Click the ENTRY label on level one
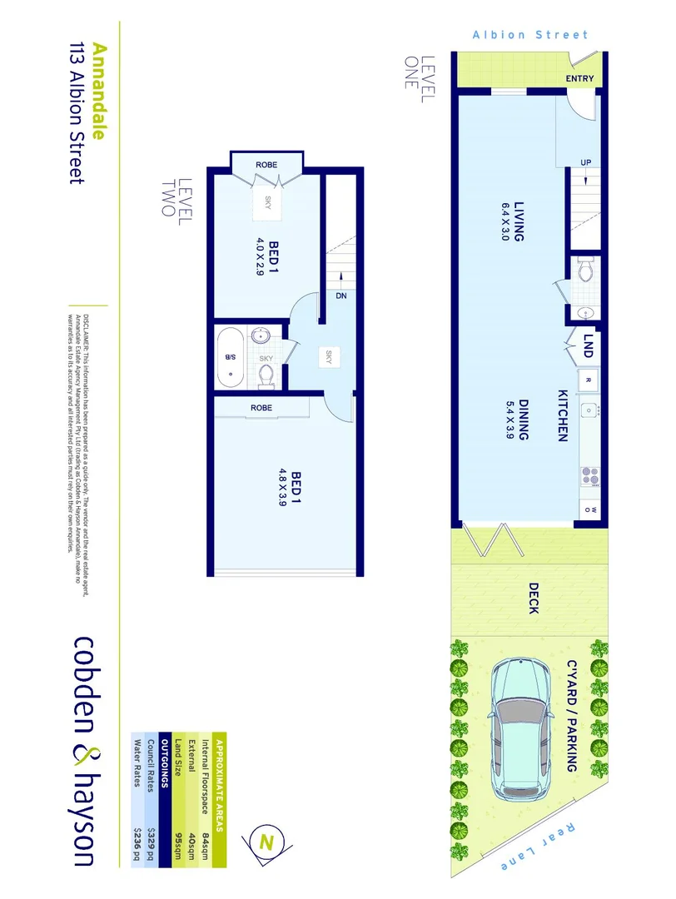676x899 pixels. (579, 78)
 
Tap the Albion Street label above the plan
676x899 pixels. (530, 35)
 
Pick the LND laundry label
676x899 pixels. (588, 348)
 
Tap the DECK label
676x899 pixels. (533, 598)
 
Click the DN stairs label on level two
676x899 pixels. (341, 296)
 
